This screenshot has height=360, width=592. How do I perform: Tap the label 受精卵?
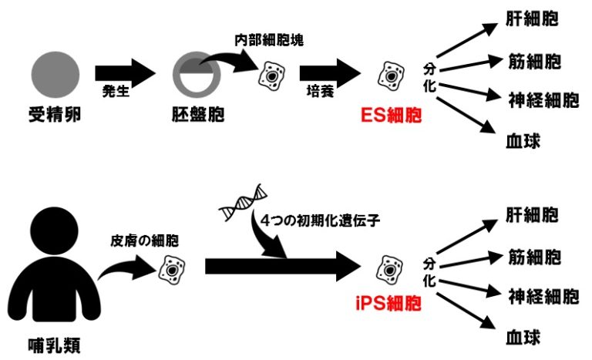coord(55,116)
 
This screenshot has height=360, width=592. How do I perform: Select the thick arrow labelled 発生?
coord(125,74)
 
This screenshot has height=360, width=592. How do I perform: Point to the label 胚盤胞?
coord(197,116)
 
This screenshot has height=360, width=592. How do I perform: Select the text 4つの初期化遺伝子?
coord(321,218)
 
